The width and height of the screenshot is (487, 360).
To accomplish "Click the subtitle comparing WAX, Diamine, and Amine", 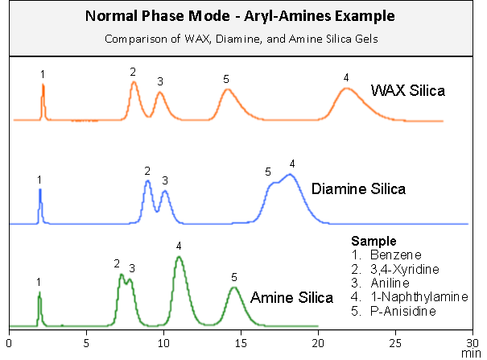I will click(242, 39).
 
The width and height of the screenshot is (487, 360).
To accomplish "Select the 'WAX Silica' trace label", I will click(407, 90).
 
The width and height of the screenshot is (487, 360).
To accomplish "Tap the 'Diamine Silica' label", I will click(357, 189).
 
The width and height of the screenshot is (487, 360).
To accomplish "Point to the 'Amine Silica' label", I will click(291, 298).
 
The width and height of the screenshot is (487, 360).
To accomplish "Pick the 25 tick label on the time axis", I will click(394, 341).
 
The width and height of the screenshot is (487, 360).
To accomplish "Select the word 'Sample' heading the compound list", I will click(374, 241).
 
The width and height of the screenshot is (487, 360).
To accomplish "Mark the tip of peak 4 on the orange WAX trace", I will click(345, 89).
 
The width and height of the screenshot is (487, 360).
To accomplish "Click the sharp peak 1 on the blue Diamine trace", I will click(40, 191).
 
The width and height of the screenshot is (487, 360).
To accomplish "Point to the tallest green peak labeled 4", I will click(179, 258).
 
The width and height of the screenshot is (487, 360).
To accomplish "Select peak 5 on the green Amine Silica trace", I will click(233, 288).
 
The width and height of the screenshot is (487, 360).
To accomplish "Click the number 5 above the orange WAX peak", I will click(226, 79).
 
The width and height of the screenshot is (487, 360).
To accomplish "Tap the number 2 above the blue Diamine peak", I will click(147, 171).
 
